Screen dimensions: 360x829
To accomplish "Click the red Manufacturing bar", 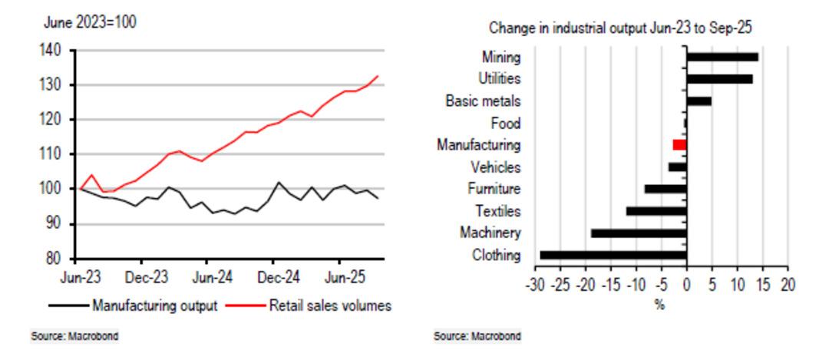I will click(x=679, y=144).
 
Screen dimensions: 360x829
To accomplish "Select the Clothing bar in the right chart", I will click(x=613, y=255).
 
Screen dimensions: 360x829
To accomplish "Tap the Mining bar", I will click(x=722, y=57).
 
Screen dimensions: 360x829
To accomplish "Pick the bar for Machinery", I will click(x=639, y=233).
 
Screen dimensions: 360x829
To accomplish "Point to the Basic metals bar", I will click(x=699, y=101).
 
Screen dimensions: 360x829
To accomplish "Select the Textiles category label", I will click(x=497, y=210).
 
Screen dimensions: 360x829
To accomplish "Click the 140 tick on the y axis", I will click(x=57, y=51).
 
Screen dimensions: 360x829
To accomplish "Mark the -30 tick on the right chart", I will click(x=535, y=284).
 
